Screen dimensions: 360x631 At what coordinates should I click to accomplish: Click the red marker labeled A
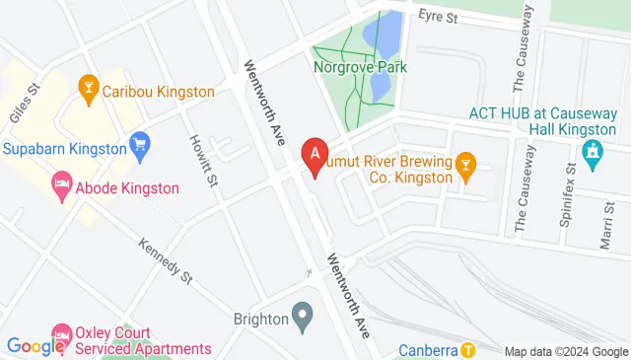[x=315, y=154]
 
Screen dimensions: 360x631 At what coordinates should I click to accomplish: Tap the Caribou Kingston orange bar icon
[x=88, y=91]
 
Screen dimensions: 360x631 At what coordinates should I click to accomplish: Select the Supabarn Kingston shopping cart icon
[x=140, y=149]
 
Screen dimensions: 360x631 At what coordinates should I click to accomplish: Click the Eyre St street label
[x=439, y=16]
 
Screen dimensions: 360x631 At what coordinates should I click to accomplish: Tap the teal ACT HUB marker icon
[x=592, y=151]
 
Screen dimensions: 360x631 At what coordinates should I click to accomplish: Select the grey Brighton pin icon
[x=304, y=319]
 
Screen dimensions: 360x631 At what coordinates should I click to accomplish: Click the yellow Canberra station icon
[x=468, y=349]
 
